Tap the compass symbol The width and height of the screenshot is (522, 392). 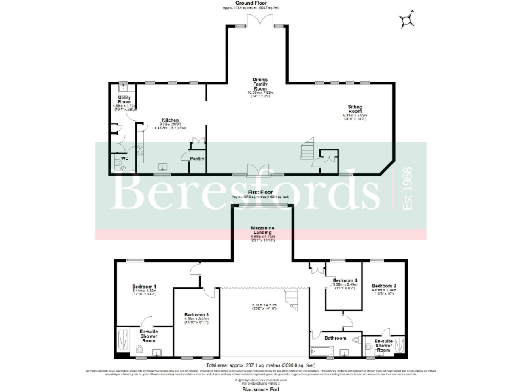(407, 20)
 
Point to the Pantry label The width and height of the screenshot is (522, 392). (197, 159)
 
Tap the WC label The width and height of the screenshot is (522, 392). (124, 159)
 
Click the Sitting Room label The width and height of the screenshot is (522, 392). (355, 108)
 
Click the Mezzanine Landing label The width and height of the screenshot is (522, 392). (262, 231)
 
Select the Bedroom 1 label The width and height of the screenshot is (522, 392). (144, 287)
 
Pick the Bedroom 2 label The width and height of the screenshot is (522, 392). (384, 286)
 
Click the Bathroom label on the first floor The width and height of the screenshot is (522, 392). (335, 337)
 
